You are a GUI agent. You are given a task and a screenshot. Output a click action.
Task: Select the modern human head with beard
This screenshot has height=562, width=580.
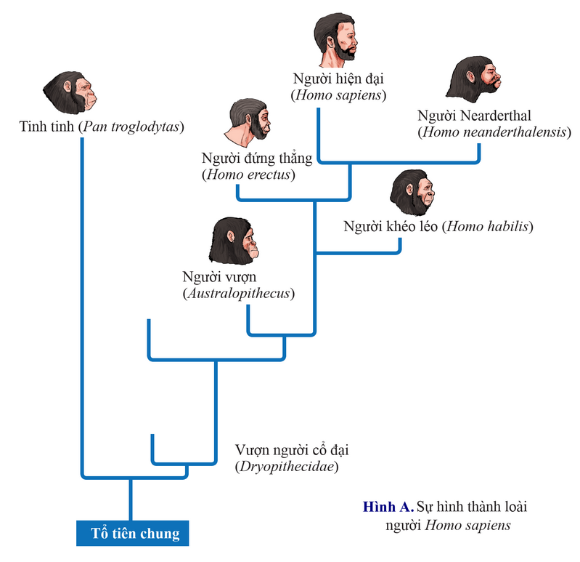tap(336, 38)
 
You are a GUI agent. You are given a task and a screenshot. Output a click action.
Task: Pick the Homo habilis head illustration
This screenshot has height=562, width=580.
tap(414, 193)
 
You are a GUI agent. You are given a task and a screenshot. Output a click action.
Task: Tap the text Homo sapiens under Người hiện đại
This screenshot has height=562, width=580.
tap(338, 95)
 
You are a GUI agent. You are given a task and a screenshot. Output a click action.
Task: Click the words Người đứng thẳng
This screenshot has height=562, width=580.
tap(257, 158)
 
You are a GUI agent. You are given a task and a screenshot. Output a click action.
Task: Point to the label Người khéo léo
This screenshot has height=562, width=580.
tap(391, 226)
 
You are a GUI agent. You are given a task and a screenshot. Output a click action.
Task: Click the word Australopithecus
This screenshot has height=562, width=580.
tap(239, 293)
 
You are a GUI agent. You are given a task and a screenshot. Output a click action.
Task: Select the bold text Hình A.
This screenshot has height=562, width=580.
tap(387, 507)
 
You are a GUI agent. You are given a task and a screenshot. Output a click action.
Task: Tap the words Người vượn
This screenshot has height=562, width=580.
tap(220, 277)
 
